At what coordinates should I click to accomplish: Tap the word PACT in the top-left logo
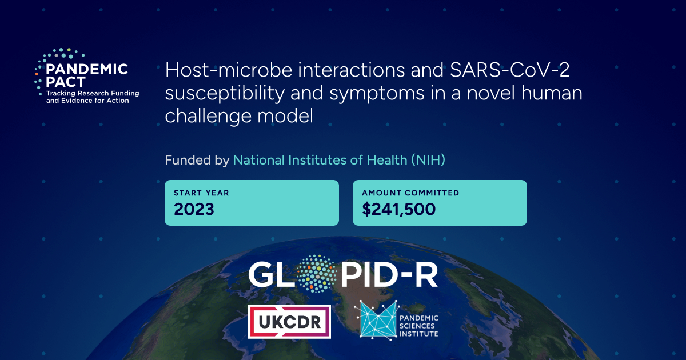[x=66, y=82]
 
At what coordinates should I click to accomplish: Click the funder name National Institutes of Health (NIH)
[x=338, y=160]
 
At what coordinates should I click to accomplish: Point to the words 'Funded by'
[x=197, y=160]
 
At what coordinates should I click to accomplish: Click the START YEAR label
[x=201, y=193]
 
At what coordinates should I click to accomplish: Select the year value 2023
[x=194, y=209]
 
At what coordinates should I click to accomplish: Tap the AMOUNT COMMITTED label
[x=410, y=193]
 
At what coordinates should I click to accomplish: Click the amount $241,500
[x=398, y=209]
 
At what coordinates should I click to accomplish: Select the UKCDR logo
[x=289, y=321]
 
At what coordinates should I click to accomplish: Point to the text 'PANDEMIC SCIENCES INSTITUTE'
[x=417, y=326]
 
